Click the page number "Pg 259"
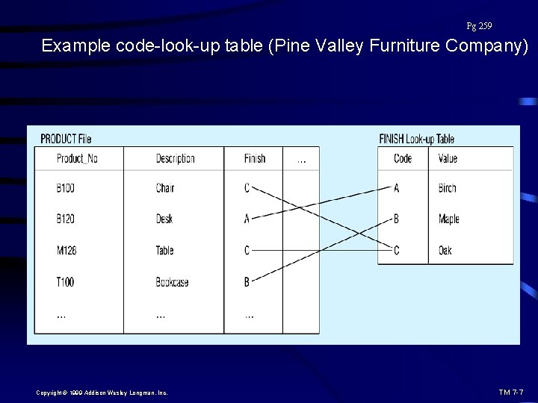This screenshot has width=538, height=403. coord(479,26)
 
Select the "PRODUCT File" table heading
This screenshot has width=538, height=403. coord(66,139)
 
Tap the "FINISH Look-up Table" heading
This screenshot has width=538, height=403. coord(416,139)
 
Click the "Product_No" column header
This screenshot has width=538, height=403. coord(77,158)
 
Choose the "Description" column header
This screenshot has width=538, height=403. coord(175,158)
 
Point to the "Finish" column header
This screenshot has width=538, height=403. coord(255,158)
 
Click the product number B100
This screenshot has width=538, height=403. coord(66,188)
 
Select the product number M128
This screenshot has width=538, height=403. coord(67,251)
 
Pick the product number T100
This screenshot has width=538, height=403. coord(66,282)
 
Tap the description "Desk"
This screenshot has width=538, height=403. coord(165,219)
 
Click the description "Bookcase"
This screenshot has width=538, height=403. coord(172,282)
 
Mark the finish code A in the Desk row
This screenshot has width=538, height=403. coord(247,219)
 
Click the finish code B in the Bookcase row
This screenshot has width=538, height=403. coord(247,282)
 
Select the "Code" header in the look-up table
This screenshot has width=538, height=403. coord(403,158)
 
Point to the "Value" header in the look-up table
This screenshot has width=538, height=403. coord(448,158)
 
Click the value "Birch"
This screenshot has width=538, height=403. coord(447,188)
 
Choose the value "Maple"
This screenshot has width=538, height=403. coord(448,219)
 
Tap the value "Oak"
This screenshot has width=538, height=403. coord(445,251)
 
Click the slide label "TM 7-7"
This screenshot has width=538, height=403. coord(510,392)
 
